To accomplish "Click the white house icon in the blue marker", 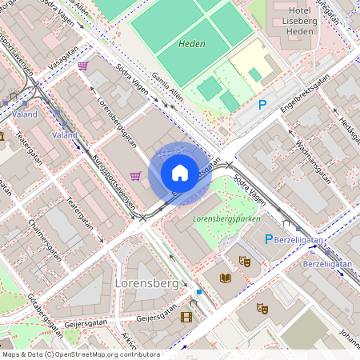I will (180, 173).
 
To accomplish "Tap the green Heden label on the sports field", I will (192, 45).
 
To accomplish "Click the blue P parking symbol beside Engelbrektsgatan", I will (262, 104).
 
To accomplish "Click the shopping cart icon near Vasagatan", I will (83, 66).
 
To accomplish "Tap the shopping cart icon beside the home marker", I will (136, 175).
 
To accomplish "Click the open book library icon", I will (226, 278).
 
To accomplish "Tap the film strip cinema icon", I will (186, 318).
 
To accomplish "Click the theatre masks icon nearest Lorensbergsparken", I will (245, 261).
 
